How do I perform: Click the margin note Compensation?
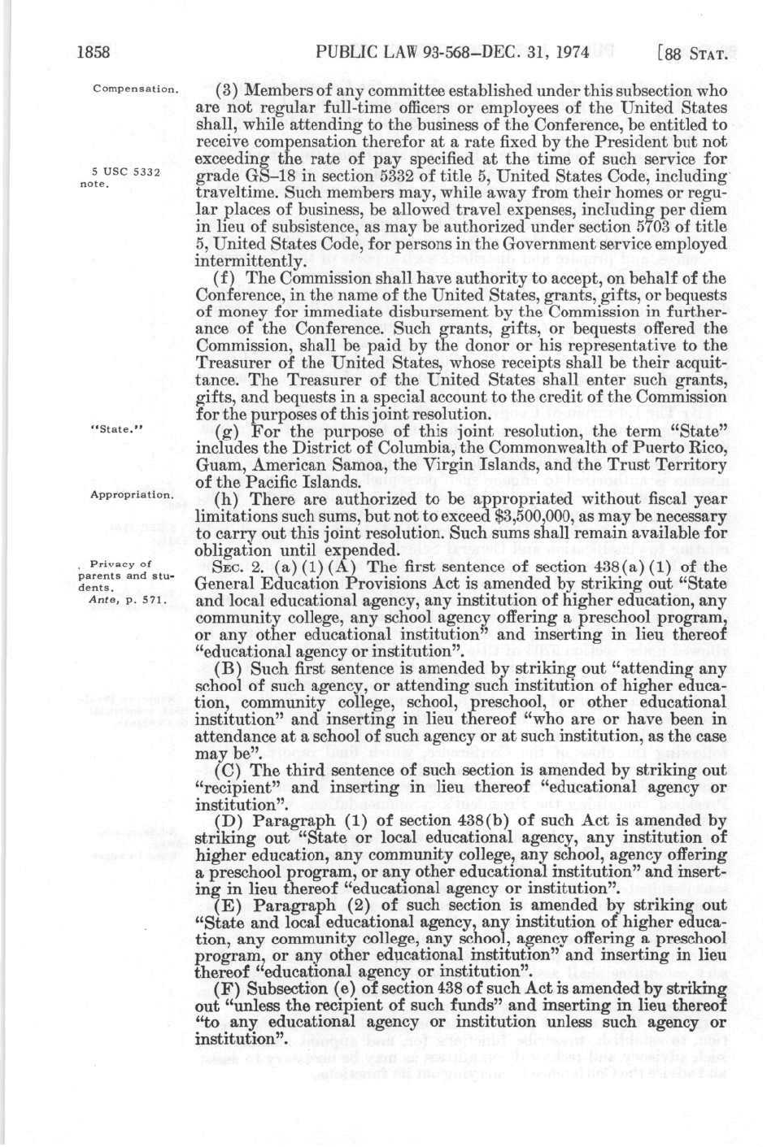pos(135,87)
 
